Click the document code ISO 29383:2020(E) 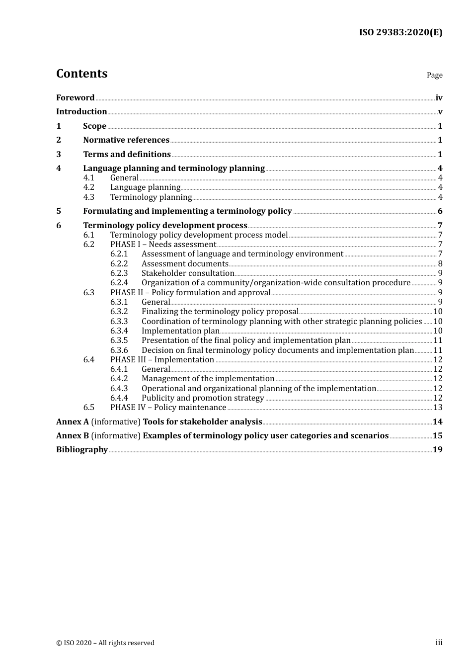point(400,32)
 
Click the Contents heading point(81,74)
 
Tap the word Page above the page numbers point(434,75)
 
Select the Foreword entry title point(75,98)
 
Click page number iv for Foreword point(439,98)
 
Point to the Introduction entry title point(81,112)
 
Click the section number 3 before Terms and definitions point(59,155)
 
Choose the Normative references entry point(126,140)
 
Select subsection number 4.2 point(88,187)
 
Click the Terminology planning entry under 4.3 point(151,197)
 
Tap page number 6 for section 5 point(440,211)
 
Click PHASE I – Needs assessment point(163,245)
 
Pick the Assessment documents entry point(185,264)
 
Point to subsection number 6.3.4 point(119,331)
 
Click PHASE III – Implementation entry point(162,360)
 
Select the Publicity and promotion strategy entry point(203,398)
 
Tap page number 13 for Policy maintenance point(438,408)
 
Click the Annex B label point(73,436)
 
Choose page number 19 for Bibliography point(437,450)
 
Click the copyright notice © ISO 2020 point(105,643)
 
